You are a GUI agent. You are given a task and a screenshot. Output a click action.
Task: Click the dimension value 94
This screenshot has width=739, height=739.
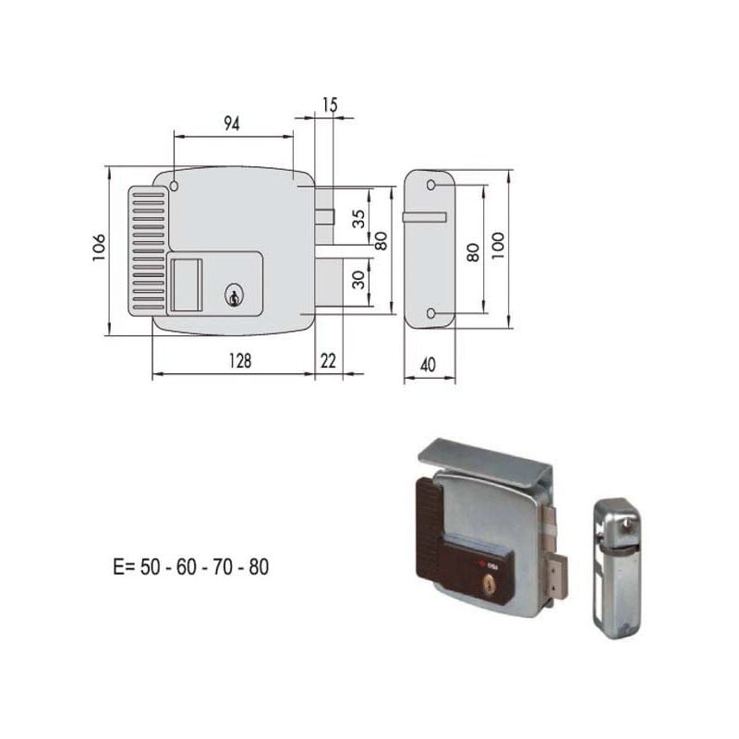click(232, 124)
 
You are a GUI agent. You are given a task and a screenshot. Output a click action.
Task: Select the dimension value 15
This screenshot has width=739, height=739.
click(330, 105)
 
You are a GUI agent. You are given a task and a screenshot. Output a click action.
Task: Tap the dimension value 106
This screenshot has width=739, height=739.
click(99, 248)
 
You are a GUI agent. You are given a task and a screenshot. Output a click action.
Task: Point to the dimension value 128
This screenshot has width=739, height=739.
click(240, 361)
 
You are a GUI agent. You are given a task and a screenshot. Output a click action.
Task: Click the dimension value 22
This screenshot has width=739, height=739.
click(328, 361)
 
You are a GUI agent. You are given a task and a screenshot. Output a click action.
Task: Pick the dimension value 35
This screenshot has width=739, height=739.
click(358, 219)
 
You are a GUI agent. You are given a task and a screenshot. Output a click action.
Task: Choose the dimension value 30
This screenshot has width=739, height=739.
click(358, 280)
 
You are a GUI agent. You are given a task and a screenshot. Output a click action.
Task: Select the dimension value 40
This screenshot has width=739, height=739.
click(428, 365)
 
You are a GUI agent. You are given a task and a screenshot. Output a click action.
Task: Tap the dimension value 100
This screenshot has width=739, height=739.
click(498, 245)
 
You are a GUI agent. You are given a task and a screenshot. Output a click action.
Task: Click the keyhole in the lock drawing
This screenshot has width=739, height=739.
click(234, 296)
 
